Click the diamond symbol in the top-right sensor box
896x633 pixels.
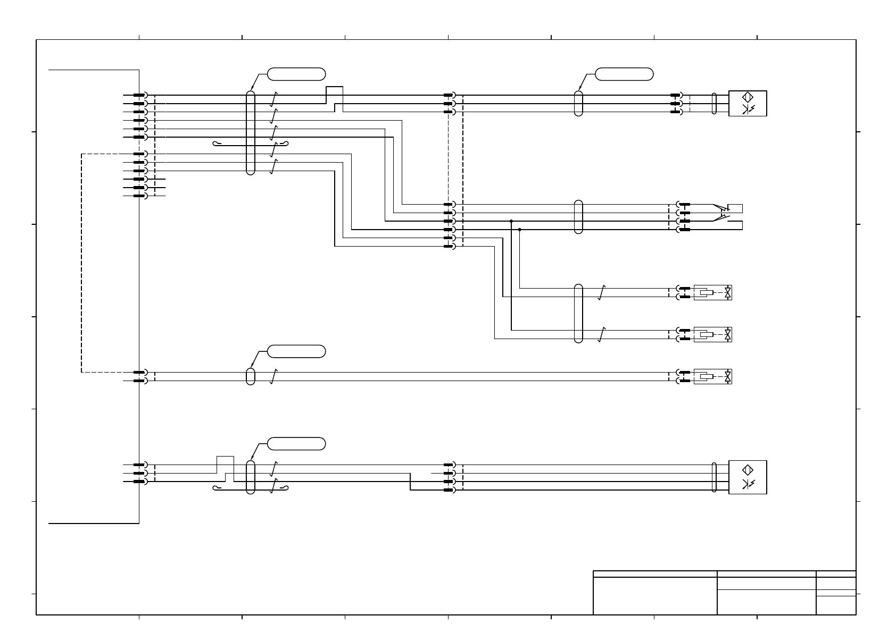click(748, 97)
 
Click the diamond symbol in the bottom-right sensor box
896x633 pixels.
click(748, 469)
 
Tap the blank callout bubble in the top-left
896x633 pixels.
click(296, 74)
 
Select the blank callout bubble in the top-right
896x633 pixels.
click(624, 74)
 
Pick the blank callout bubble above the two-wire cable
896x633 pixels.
click(296, 351)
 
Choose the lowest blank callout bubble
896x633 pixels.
click(296, 444)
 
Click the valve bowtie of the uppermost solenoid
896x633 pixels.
click(728, 292)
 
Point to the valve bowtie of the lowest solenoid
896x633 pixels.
click(728, 377)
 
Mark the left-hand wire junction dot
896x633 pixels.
click(511, 221)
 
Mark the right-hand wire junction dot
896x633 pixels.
click(519, 230)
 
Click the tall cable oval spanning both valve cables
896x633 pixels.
click(579, 314)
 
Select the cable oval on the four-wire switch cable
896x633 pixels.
click(579, 217)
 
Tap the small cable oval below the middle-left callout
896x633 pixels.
click(251, 376)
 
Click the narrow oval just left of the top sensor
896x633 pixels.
click(714, 104)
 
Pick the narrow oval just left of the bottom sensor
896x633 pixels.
click(714, 477)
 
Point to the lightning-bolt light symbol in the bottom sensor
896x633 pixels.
click(748, 484)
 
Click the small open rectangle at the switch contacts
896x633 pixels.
click(735, 208)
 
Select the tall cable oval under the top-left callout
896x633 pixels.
click(251, 133)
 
